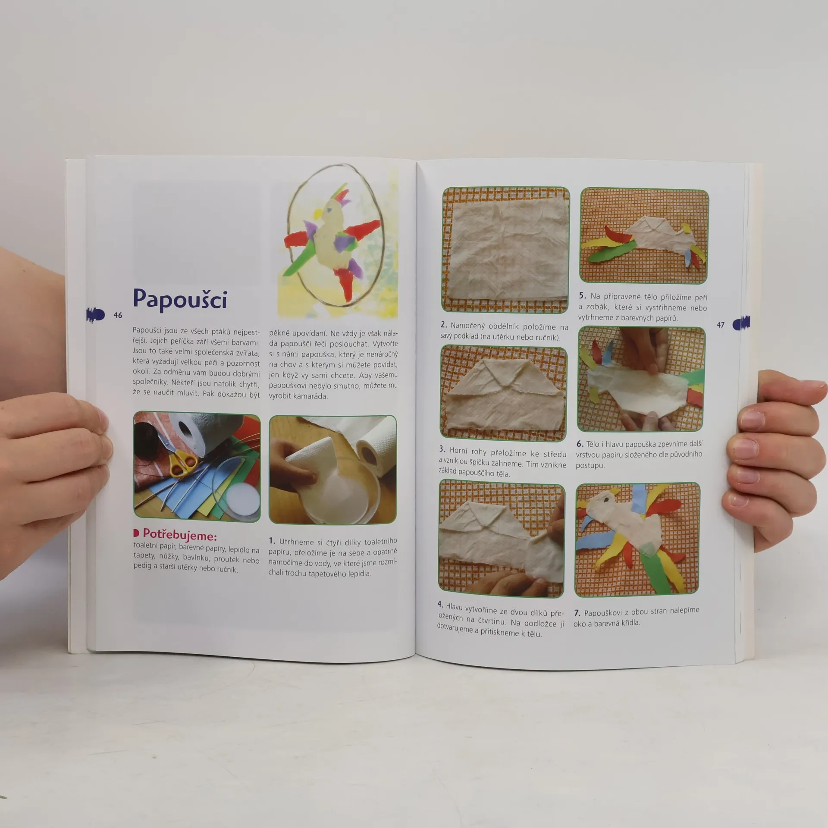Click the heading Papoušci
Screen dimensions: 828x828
[180, 299]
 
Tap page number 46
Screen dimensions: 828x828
[118, 315]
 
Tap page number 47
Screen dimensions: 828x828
[721, 325]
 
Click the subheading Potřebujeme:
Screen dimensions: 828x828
[179, 535]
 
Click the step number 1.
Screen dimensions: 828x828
[272, 541]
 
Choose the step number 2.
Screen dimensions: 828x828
[443, 325]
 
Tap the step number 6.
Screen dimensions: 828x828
[580, 444]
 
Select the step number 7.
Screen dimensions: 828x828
[577, 613]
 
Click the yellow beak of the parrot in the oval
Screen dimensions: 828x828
[318, 213]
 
